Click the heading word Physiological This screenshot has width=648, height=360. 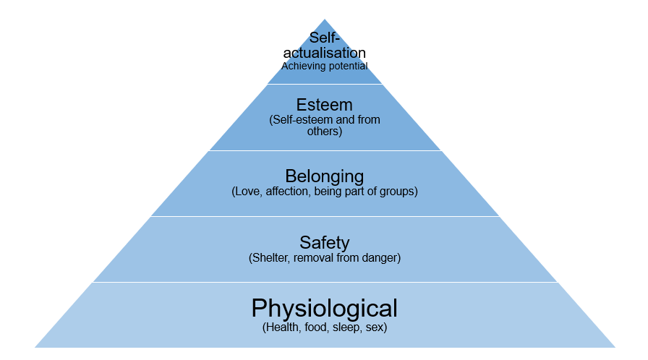coord(324,309)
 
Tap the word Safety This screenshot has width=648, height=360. coord(324,242)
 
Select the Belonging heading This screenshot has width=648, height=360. coord(324,176)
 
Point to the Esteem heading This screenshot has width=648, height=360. coord(324,106)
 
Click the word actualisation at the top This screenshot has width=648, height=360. coord(324,53)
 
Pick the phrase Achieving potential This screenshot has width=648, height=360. coord(324,66)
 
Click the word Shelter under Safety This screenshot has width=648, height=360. coord(270,257)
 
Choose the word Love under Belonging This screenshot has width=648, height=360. coord(247,192)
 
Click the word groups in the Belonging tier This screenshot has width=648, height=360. coord(398,192)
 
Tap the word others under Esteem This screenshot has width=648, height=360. coord(324,132)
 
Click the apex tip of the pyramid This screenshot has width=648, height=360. coord(324,20)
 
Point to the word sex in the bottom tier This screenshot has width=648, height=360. coord(376,327)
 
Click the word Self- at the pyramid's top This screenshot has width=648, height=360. coord(324,38)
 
